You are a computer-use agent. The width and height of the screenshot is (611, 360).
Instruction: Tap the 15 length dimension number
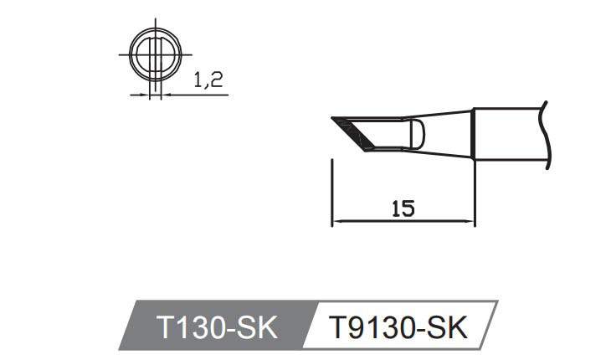pos(403,209)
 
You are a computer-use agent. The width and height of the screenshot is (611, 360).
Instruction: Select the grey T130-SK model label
pos(216,327)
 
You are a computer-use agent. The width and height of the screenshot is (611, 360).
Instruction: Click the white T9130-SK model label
pos(398,327)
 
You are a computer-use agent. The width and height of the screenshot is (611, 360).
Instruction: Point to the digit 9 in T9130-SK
pos(354,327)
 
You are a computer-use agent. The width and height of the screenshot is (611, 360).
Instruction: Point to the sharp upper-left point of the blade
pos(333,119)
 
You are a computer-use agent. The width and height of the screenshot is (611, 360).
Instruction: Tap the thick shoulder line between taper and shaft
pos(473,133)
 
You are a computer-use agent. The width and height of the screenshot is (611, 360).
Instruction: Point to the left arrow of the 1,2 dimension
pos(145,95)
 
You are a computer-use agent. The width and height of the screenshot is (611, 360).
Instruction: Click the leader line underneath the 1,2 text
pos(197,95)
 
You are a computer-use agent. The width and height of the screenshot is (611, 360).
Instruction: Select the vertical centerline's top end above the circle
pos(155,23)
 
